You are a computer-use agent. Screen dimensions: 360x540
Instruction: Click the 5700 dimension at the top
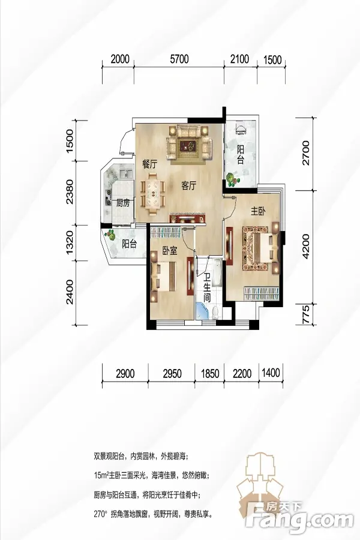pyautogui.click(x=179, y=59)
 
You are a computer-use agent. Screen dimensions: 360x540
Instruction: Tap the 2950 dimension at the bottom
pyautogui.click(x=172, y=373)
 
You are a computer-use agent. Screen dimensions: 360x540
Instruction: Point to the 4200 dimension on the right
pyautogui.click(x=305, y=246)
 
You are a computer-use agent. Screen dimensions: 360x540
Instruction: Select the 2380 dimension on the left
pyautogui.click(x=70, y=192)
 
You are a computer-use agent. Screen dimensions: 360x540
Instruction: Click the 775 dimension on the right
pyautogui.click(x=305, y=314)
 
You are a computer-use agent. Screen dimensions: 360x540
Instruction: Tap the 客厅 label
pyautogui.click(x=189, y=186)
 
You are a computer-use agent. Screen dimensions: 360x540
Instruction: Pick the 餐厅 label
pyautogui.click(x=149, y=164)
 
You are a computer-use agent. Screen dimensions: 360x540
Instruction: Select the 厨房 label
pyautogui.click(x=122, y=203)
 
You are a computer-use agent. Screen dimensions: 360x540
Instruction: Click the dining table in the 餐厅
pyautogui.click(x=153, y=194)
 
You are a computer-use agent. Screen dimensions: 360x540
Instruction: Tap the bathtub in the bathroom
pyautogui.click(x=217, y=273)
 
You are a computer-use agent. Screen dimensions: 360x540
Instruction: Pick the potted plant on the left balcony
pyautogui.click(x=110, y=235)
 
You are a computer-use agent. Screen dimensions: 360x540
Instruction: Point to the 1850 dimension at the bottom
pyautogui.click(x=210, y=373)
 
